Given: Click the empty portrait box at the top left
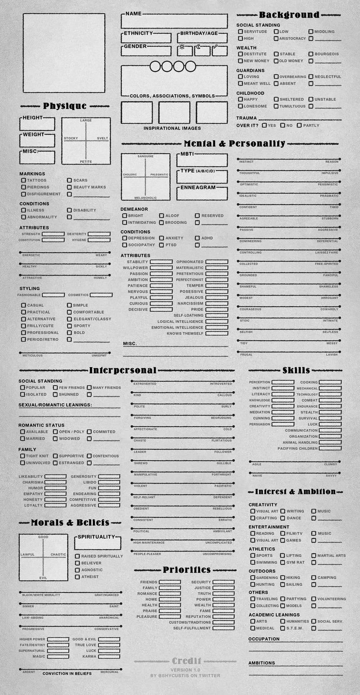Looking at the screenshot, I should click(64, 53).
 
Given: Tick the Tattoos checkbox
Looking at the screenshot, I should click(23, 181).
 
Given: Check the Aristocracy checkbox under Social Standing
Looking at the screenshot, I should click(276, 39).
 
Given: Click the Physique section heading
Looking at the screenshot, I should click(65, 106).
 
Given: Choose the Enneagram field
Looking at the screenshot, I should click(202, 193).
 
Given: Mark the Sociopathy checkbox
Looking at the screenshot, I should click(125, 245).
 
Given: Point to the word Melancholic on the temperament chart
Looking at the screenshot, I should click(145, 198).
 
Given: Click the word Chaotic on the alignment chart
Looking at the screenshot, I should click(58, 555).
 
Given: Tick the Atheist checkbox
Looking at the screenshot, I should click(77, 577).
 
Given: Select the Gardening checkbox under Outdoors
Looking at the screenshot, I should click(253, 578).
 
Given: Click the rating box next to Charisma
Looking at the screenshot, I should click(55, 482).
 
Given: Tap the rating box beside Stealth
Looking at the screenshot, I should click(331, 413).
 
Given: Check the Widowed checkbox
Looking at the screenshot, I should click(55, 439).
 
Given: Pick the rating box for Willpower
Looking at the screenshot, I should click(161, 268).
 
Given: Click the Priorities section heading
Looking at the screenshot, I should click(187, 570).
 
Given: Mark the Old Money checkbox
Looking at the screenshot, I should click(276, 61).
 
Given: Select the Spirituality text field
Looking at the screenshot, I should click(98, 543).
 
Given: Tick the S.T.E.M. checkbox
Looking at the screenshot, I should click(283, 628).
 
